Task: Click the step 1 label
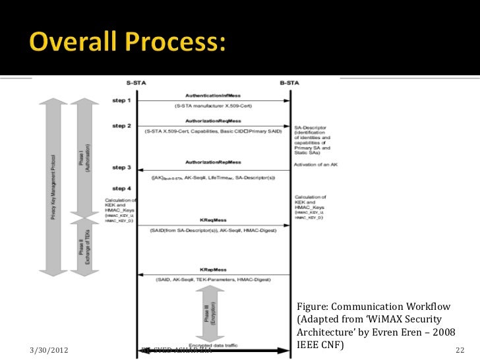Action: point(121,101)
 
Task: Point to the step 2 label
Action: point(121,125)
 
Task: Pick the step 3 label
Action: point(121,168)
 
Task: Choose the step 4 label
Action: point(121,190)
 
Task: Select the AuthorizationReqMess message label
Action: point(213,121)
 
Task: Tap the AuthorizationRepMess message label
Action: point(213,162)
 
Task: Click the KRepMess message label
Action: point(213,270)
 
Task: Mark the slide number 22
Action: point(460,349)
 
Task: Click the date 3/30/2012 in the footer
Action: point(52,349)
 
